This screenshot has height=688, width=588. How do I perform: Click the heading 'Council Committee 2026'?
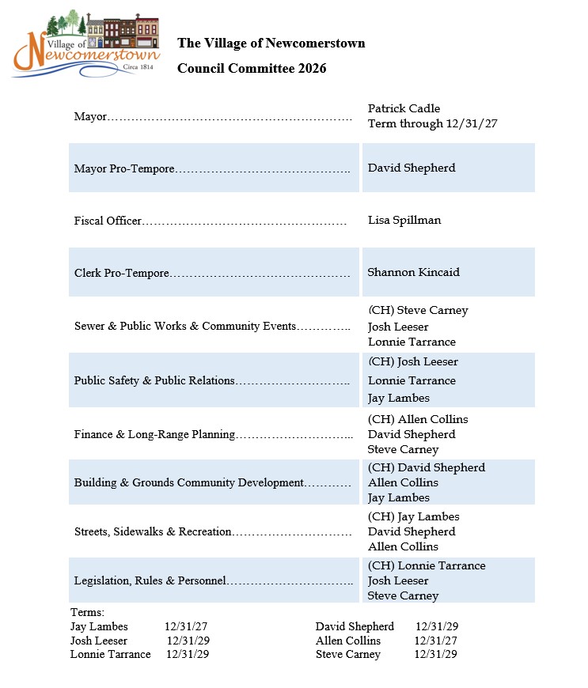(252, 69)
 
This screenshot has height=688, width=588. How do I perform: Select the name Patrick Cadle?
(404, 108)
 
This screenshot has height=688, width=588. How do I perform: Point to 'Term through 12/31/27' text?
(432, 123)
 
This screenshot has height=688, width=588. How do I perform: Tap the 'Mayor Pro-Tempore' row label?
(124, 168)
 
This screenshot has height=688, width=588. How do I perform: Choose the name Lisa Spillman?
(404, 220)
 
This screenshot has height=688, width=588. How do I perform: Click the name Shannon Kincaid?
(413, 272)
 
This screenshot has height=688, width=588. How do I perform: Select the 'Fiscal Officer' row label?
(108, 221)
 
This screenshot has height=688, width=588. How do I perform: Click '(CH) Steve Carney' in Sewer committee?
(418, 310)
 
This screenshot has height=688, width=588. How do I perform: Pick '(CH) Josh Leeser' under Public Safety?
(413, 361)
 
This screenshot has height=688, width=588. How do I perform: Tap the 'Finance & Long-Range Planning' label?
(154, 434)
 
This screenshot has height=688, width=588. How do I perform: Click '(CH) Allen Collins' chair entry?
(418, 419)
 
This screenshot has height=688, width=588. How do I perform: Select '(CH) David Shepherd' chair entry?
(427, 467)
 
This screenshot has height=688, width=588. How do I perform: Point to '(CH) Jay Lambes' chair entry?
(414, 516)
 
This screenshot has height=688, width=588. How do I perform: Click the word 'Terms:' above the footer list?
(87, 612)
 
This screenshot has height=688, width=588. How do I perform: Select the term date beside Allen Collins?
(435, 641)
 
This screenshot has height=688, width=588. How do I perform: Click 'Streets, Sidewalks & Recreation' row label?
(153, 531)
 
